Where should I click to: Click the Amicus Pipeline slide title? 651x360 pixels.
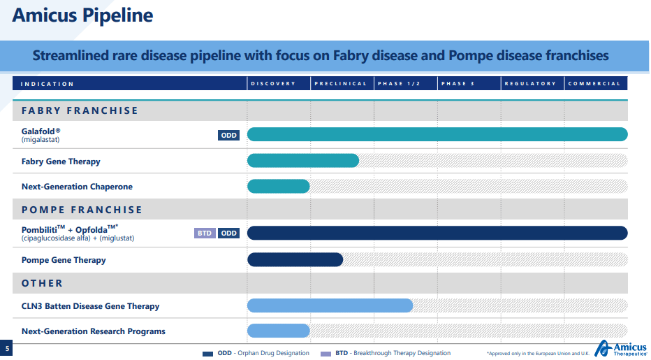(83, 15)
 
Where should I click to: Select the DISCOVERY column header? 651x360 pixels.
(273, 84)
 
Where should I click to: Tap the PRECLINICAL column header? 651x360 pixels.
(340, 84)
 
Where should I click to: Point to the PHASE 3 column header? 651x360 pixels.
(457, 84)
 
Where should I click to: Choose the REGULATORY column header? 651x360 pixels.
(530, 84)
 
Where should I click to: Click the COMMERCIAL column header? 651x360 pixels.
(594, 84)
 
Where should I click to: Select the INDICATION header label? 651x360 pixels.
(47, 84)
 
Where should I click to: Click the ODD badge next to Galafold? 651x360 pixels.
(228, 136)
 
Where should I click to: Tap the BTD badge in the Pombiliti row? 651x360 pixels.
(205, 233)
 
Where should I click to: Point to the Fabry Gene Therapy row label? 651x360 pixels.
(61, 161)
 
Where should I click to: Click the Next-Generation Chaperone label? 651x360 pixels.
(77, 187)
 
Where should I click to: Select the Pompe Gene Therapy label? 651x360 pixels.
(64, 260)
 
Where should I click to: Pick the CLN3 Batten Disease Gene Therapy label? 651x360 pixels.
(90, 306)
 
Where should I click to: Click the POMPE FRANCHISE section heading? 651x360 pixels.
(82, 210)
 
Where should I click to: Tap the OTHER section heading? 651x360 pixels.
(42, 283)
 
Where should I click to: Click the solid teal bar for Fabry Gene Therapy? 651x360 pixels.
(303, 161)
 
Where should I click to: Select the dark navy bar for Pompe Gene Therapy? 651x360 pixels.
(295, 259)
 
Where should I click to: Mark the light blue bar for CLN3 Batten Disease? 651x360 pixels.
(330, 305)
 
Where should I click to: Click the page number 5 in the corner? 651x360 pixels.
(7, 348)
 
